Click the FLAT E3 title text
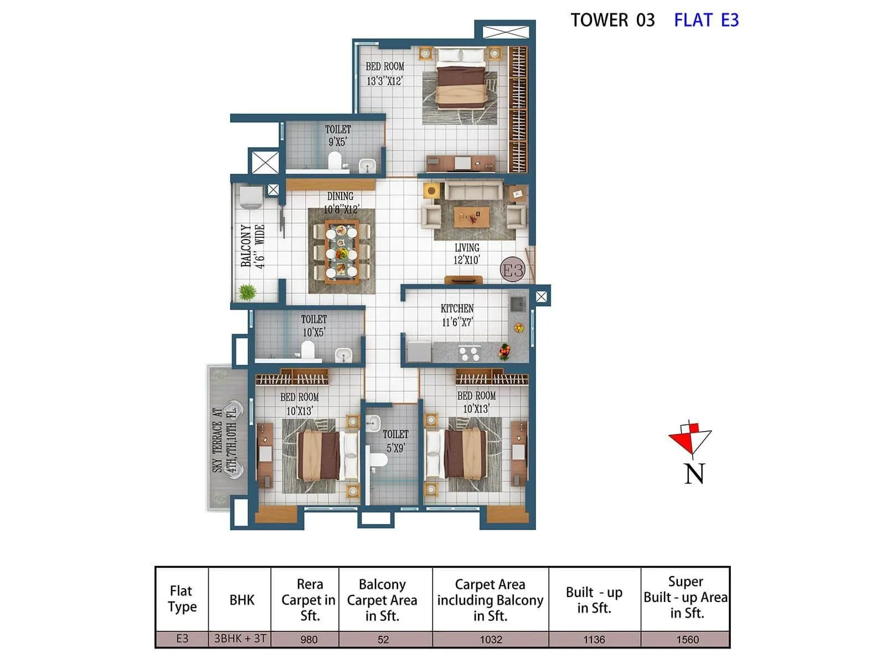point(706,20)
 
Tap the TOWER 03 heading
point(612,20)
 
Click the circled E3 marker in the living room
point(512,270)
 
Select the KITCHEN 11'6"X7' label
point(457,315)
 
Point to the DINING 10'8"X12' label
point(341,203)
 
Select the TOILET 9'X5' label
point(337,136)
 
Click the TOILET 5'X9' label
point(395,441)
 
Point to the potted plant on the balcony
point(247,292)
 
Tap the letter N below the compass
point(694,474)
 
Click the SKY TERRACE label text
point(224,440)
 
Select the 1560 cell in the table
point(687,639)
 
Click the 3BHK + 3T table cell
point(240,639)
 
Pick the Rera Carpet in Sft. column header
point(309,600)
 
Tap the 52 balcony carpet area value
point(383,639)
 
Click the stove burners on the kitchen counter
point(470,352)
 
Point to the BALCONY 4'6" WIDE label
point(253,246)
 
